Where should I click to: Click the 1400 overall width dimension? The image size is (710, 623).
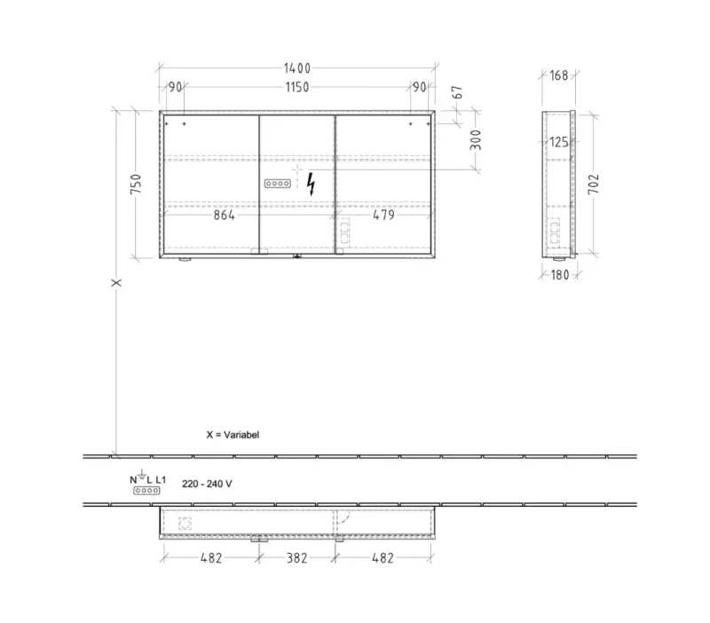tap(297, 68)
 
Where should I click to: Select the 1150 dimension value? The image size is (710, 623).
tap(297, 87)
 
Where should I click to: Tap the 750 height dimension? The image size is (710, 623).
tap(136, 184)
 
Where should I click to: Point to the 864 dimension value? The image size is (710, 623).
tap(225, 215)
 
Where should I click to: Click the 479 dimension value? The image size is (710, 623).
tap(383, 215)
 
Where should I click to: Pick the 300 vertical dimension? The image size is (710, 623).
tap(476, 140)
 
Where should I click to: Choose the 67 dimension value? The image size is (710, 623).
tap(458, 92)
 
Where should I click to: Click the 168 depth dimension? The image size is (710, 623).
tap(559, 75)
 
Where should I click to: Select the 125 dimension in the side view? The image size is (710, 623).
tap(559, 142)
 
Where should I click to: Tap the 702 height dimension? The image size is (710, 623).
tap(593, 184)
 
